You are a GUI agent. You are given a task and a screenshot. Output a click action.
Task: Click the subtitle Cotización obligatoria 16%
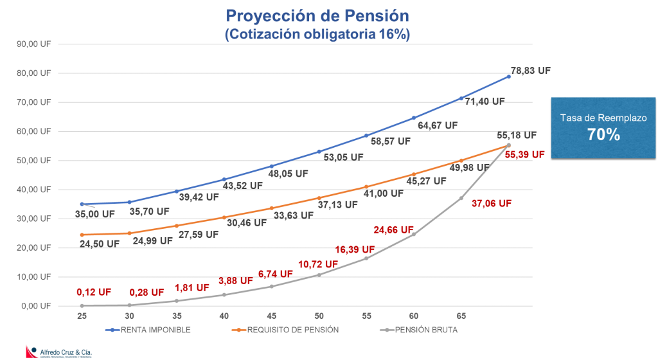pyautogui.click(x=316, y=34)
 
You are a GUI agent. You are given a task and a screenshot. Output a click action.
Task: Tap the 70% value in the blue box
pyautogui.click(x=603, y=134)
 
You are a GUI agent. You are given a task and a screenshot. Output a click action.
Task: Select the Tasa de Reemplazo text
pyautogui.click(x=603, y=118)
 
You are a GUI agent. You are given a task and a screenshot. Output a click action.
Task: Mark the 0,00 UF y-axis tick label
pyautogui.click(x=37, y=306)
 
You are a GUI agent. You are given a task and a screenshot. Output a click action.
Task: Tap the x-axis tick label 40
pyautogui.click(x=224, y=316)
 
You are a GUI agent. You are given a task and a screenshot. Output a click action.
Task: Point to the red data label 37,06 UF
pyautogui.click(x=491, y=203)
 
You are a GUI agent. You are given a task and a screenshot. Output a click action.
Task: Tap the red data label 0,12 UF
pyautogui.click(x=94, y=291)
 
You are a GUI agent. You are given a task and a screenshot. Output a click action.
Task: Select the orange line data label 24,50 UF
pyautogui.click(x=100, y=244)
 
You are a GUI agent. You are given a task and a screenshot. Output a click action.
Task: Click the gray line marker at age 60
pyautogui.click(x=414, y=234)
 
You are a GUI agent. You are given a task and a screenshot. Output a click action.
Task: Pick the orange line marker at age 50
pyautogui.click(x=319, y=198)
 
